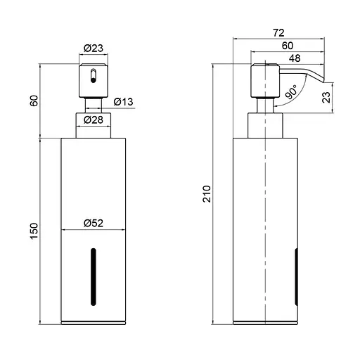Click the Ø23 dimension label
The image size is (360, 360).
(93, 48)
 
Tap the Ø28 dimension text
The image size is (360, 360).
(94, 120)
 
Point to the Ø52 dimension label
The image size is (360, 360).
(94, 223)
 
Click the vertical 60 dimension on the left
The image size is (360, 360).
(33, 101)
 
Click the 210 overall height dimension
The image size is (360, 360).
(206, 194)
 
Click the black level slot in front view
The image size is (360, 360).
(91, 278)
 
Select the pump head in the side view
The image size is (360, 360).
(263, 81)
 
